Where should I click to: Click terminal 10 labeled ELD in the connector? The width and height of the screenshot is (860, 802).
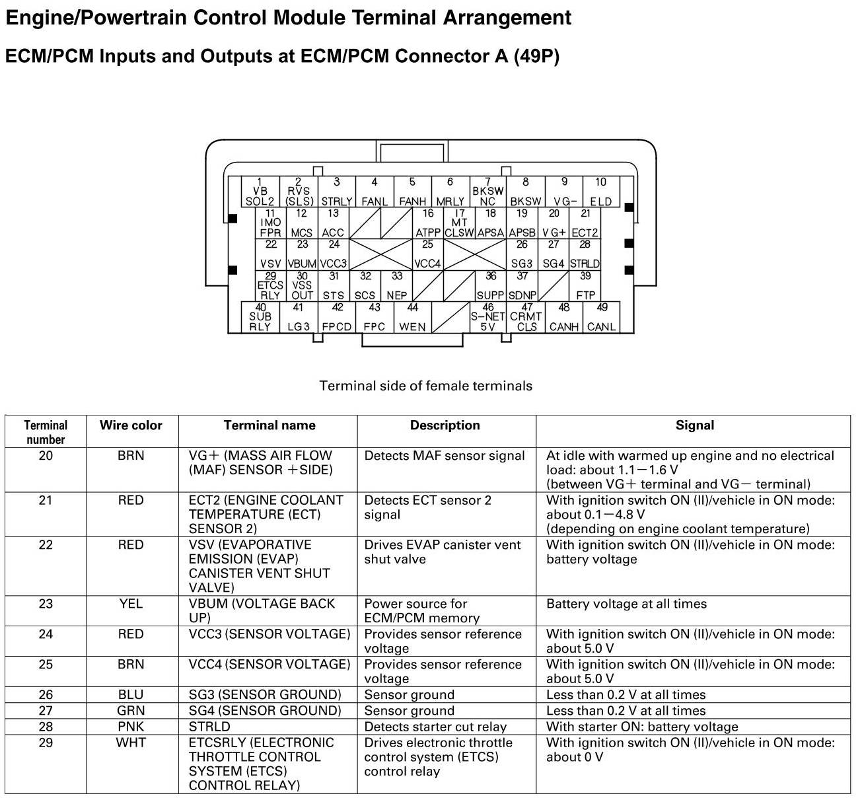pos(600,192)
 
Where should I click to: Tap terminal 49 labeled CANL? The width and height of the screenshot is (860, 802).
pos(601,318)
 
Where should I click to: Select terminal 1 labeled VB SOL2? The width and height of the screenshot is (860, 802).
pos(260,192)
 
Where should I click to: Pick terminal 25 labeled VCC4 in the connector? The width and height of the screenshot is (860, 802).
pos(427,254)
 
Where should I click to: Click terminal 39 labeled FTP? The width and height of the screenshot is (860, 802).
pos(585,286)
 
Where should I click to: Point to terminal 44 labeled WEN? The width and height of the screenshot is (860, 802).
pos(413,318)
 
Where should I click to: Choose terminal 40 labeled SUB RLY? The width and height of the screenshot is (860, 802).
pos(260,318)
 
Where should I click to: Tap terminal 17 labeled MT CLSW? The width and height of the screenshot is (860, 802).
pos(459,223)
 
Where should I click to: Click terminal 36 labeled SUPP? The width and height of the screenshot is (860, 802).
pos(490,286)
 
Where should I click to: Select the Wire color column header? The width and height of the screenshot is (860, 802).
pos(131,425)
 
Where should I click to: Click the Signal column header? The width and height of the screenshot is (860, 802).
pos(694,425)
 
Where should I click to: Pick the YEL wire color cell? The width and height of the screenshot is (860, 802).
pos(131,604)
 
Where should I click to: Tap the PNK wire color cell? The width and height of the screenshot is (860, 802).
pos(131,727)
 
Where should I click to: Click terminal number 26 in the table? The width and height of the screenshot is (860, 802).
pos(46,694)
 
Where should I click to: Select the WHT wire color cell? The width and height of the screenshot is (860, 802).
pos(131,743)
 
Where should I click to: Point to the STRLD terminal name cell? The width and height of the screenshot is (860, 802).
pos(209,727)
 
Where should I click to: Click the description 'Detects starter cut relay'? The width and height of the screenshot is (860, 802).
pos(435,727)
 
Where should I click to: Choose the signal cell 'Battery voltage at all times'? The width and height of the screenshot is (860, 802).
pos(626,604)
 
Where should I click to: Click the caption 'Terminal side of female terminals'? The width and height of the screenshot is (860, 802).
pos(426,386)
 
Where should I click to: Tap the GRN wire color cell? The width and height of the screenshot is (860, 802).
pos(131,711)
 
